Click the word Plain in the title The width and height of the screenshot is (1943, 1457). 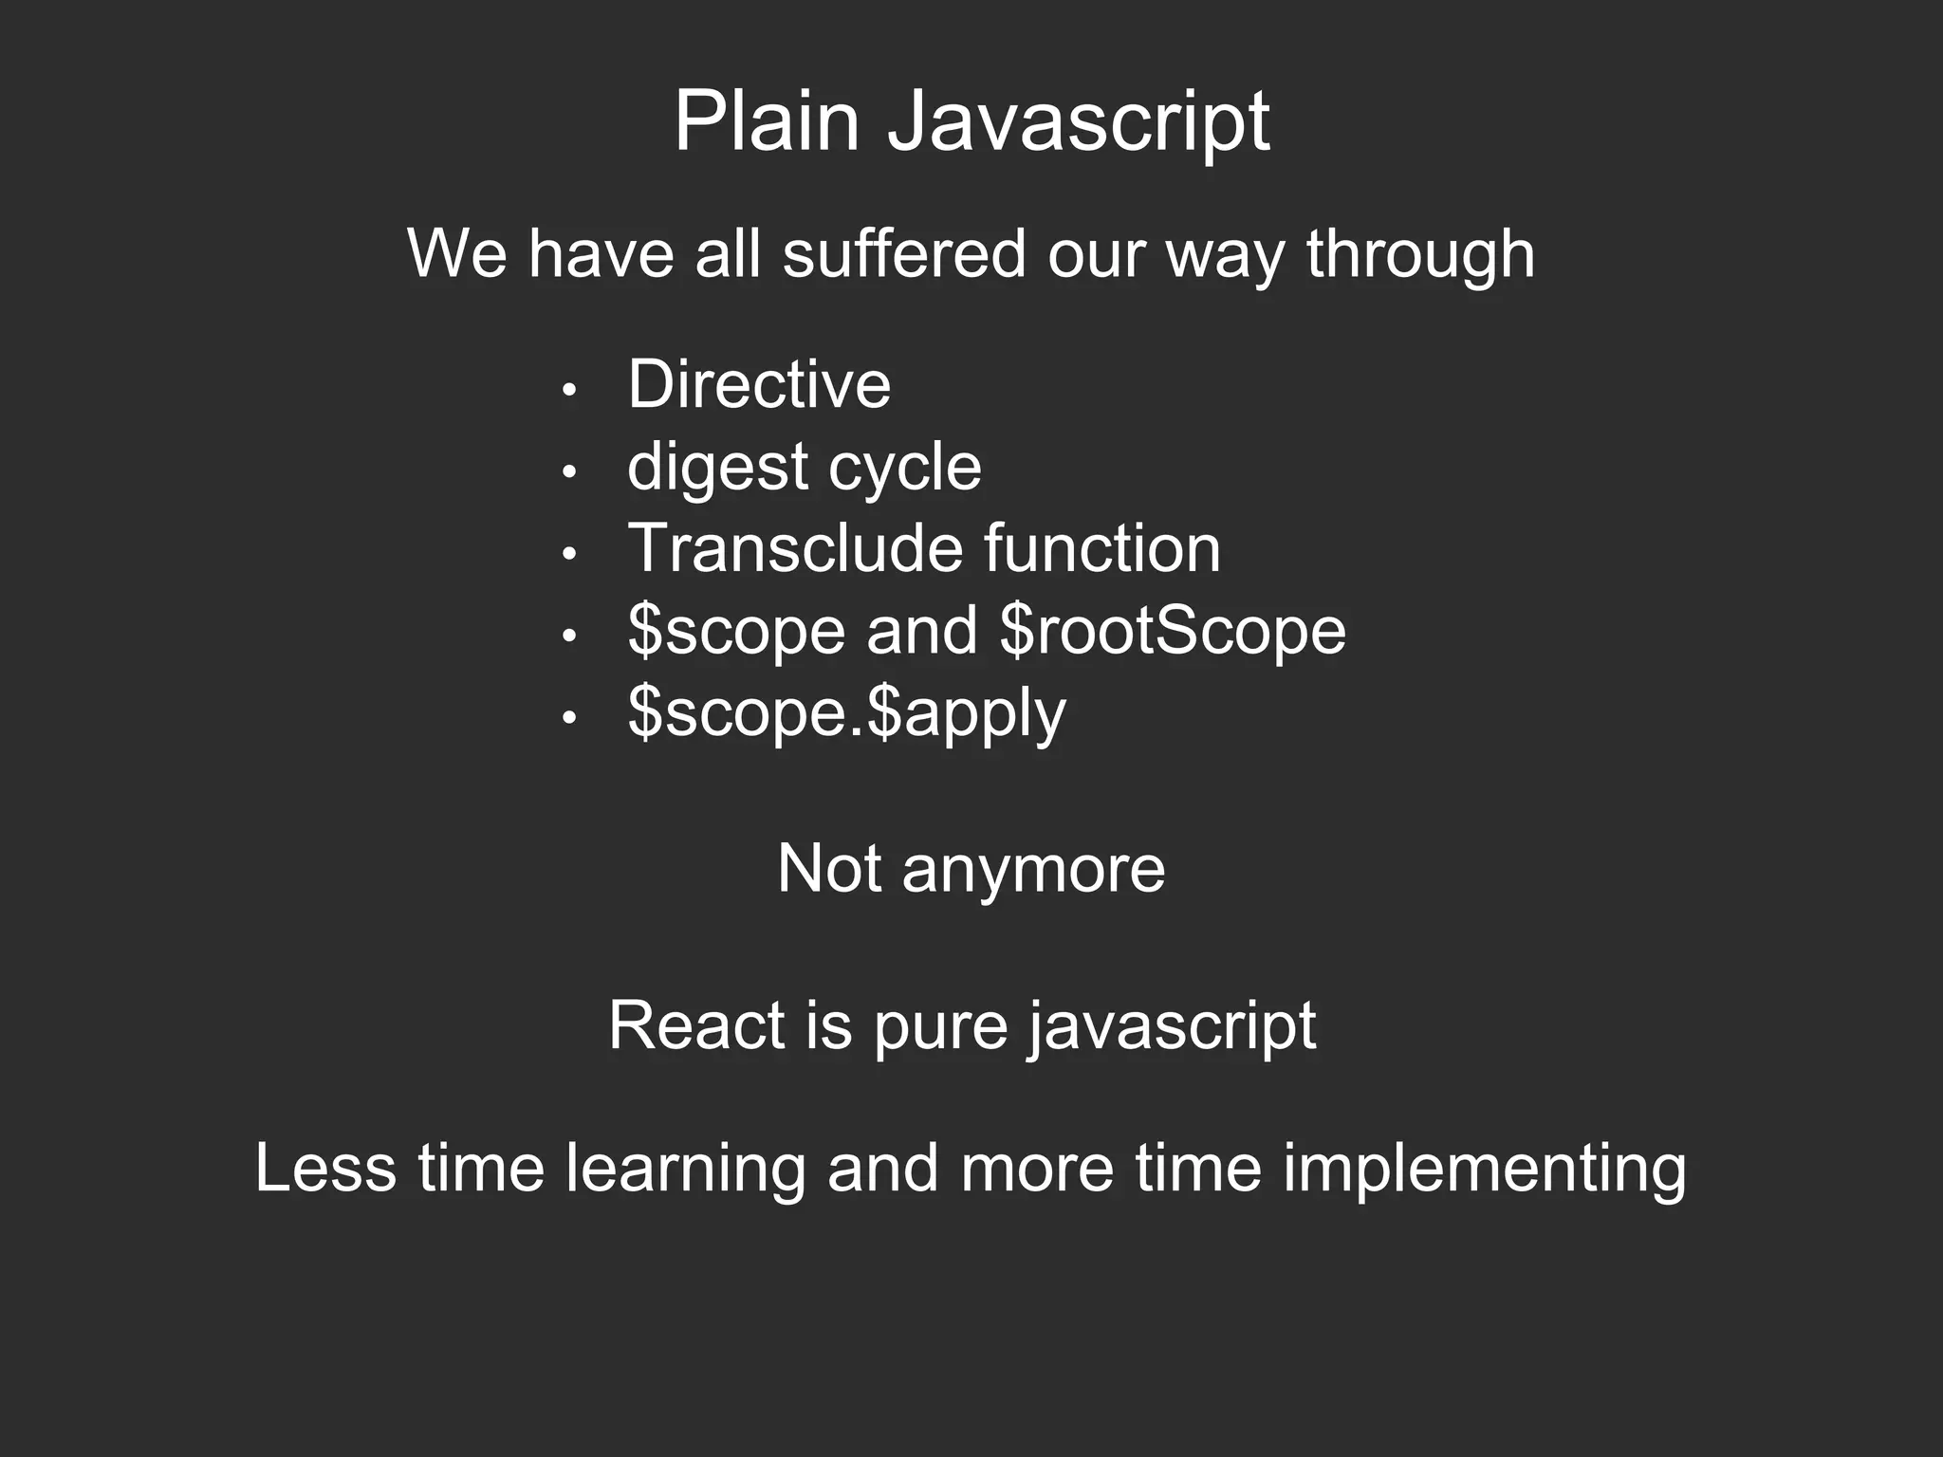(x=766, y=121)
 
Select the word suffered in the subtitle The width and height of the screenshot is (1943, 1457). (x=904, y=253)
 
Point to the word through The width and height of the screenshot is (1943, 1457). (x=1420, y=255)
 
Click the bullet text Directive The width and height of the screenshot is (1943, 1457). (x=759, y=384)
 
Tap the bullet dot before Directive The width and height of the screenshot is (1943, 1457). (x=569, y=390)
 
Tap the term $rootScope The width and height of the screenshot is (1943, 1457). (x=1173, y=631)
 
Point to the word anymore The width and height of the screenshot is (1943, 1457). (x=1033, y=869)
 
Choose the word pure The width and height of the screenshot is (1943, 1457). (x=939, y=1027)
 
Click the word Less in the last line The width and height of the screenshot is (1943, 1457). (x=325, y=1168)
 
